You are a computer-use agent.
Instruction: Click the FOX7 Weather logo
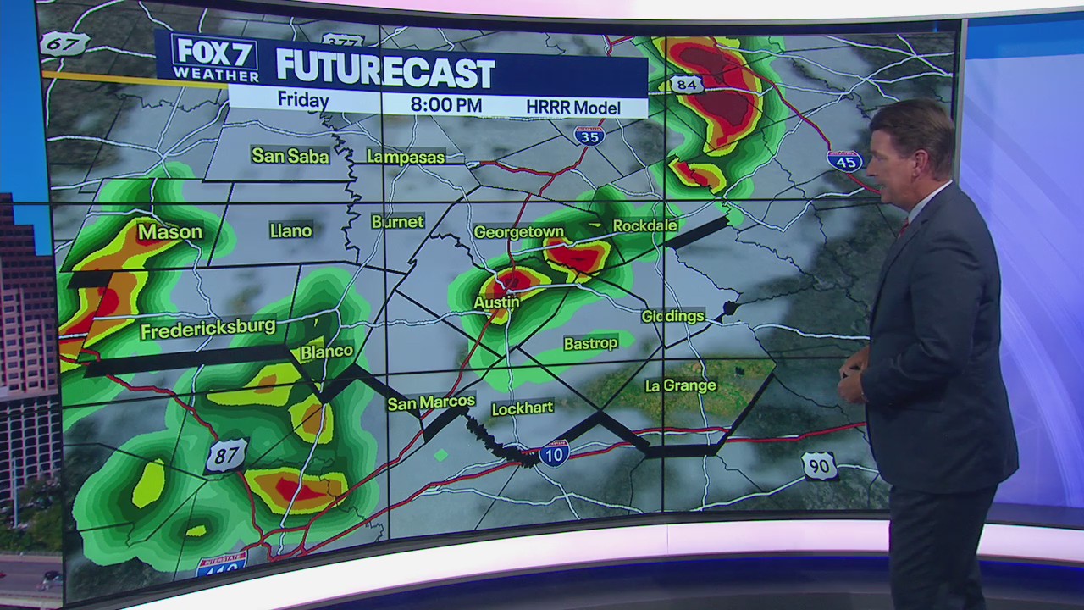tap(215, 58)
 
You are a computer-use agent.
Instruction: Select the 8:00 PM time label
tap(446, 106)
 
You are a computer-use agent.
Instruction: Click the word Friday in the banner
tap(303, 101)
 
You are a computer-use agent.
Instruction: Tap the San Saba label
tap(290, 155)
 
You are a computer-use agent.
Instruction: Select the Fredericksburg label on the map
tap(208, 329)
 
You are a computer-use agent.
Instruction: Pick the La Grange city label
tap(681, 385)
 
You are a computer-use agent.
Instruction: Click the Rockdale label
tap(645, 225)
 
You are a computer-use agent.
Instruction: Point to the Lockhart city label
tap(523, 408)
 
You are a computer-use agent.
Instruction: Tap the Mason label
tap(170, 231)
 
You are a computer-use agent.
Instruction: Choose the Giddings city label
tap(673, 316)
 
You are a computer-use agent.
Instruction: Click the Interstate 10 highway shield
tap(554, 452)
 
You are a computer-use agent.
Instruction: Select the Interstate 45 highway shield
tap(844, 160)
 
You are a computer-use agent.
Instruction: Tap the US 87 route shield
tap(226, 455)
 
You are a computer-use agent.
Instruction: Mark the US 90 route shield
tap(820, 465)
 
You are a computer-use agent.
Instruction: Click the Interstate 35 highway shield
tap(589, 135)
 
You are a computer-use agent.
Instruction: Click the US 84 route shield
tap(686, 84)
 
